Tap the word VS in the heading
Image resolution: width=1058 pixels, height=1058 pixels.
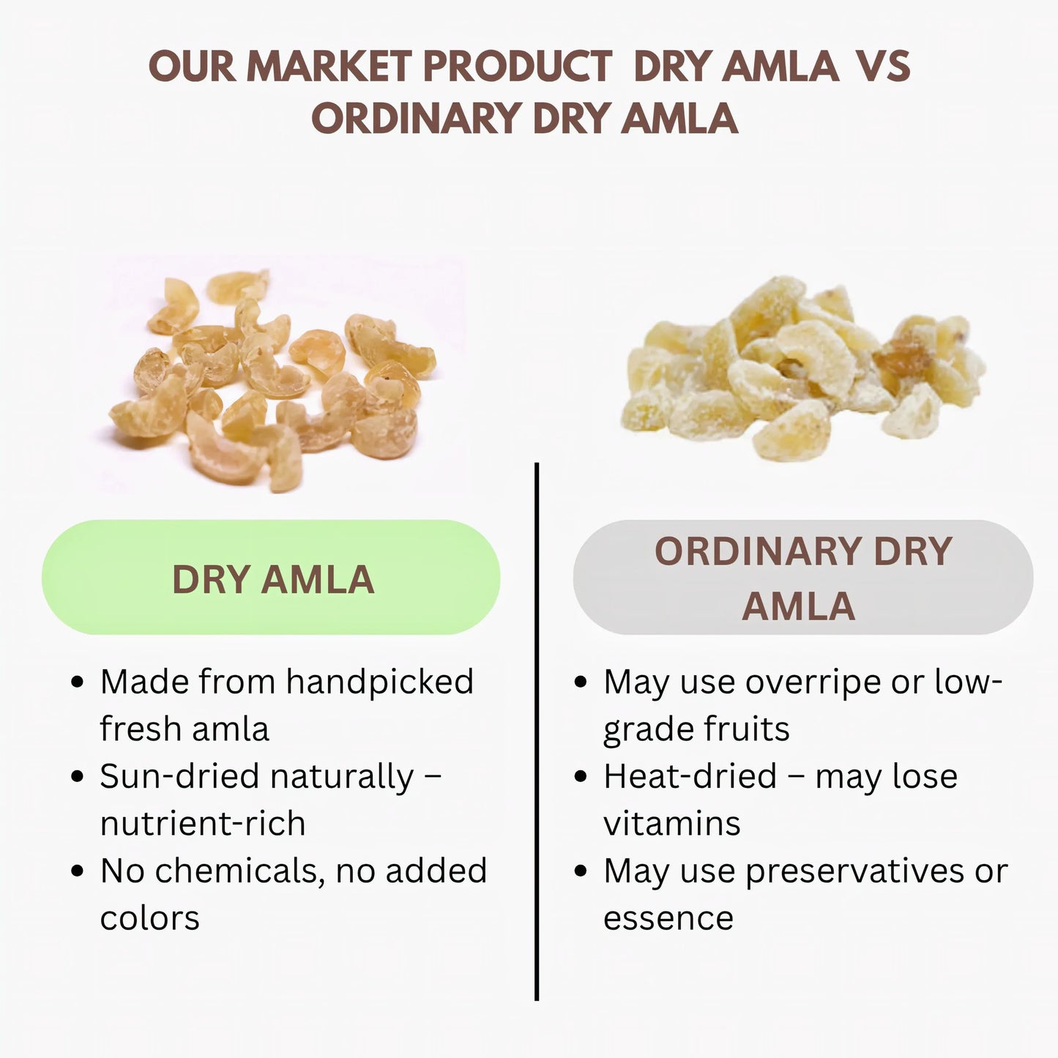click(883, 67)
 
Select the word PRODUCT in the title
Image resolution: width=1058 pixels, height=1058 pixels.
click(518, 67)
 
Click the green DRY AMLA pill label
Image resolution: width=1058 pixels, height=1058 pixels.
click(272, 578)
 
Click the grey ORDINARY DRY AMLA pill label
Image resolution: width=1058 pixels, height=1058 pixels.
click(802, 578)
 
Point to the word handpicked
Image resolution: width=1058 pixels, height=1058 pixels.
click(379, 682)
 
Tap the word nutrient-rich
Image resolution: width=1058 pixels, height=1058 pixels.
click(203, 824)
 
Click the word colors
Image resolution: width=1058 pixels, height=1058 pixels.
click(149, 918)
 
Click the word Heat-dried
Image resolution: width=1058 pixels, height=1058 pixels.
click(690, 776)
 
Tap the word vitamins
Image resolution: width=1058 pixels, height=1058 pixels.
click(671, 824)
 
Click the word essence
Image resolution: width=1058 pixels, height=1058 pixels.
click(668, 918)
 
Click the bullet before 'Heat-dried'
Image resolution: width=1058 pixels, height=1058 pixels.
click(581, 776)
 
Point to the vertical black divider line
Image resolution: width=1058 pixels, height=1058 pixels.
click(537, 732)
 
